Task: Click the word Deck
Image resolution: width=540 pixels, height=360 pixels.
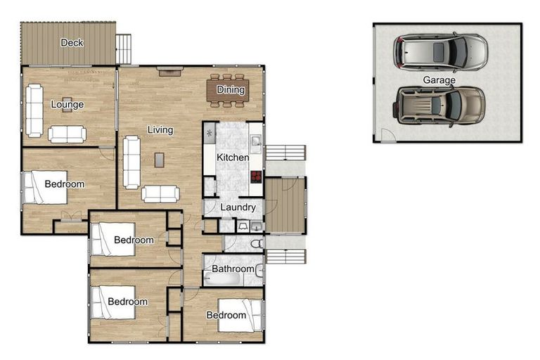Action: click(72, 43)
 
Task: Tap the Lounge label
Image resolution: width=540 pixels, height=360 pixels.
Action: click(67, 105)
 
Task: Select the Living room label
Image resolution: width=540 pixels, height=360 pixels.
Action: click(160, 130)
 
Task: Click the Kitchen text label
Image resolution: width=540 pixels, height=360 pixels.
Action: click(232, 157)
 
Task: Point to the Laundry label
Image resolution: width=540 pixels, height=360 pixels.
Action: click(238, 207)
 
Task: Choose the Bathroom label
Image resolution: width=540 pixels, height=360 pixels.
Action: click(233, 269)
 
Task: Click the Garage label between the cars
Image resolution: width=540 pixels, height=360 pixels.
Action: click(439, 80)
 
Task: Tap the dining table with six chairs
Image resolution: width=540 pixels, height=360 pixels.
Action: click(226, 90)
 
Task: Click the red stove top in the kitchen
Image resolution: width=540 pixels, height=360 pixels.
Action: click(256, 177)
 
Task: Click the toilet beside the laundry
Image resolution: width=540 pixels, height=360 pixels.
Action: click(257, 243)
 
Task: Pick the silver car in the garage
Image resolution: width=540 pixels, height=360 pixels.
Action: click(441, 51)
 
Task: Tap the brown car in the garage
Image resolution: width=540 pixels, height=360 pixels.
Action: click(440, 105)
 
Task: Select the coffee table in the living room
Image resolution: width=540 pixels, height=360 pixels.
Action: click(160, 160)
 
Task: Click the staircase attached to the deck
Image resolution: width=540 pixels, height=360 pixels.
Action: click(124, 49)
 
